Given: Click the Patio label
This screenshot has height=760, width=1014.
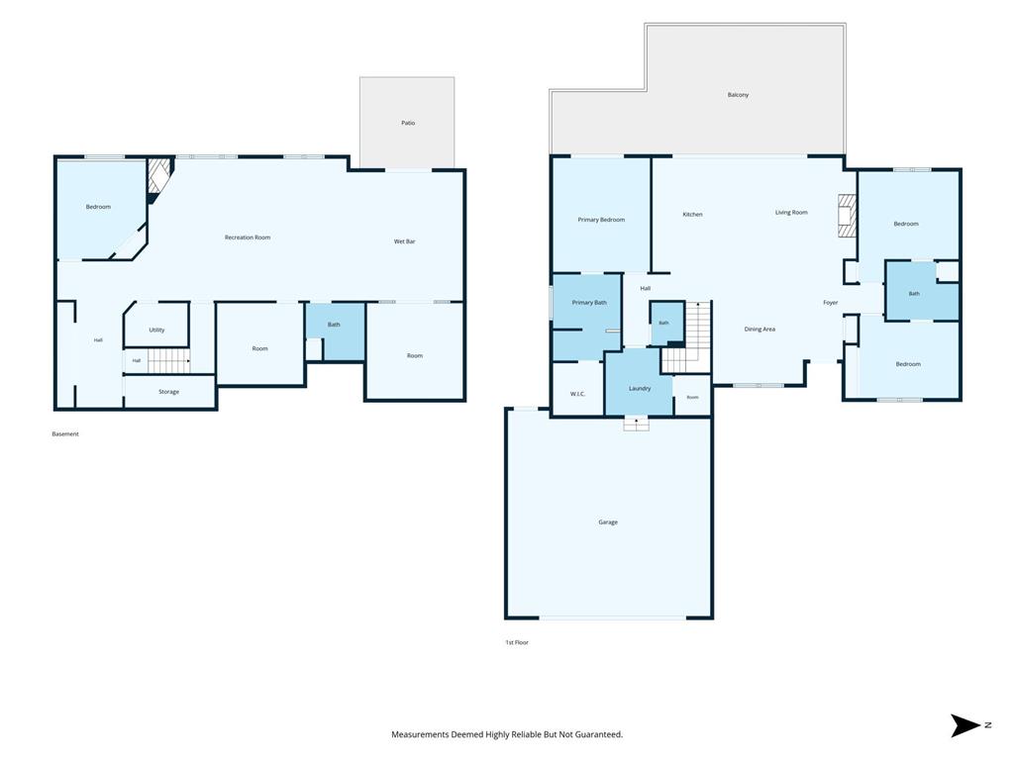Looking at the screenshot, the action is click(x=408, y=123).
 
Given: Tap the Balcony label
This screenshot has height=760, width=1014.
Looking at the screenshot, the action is click(x=738, y=95).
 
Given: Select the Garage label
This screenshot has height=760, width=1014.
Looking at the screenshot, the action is click(x=608, y=522).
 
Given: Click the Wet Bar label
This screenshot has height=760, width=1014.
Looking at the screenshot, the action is click(x=405, y=241).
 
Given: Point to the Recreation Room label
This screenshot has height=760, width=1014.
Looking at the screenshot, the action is click(x=248, y=237).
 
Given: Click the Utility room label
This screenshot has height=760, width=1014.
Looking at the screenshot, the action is click(x=157, y=331).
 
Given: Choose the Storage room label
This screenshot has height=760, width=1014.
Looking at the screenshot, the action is click(x=168, y=392).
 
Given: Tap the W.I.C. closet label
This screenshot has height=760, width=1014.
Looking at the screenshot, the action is click(x=577, y=394).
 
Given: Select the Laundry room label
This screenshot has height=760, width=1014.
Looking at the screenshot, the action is click(x=640, y=388).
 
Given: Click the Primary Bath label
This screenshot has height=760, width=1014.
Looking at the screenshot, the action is click(x=589, y=303).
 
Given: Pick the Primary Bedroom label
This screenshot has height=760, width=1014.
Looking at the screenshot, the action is click(x=601, y=220).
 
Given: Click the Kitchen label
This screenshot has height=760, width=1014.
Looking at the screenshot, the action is click(x=692, y=215).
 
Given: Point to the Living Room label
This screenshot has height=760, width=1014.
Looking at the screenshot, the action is click(x=791, y=213).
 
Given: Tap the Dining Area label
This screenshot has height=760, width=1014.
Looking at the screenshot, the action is click(x=760, y=330).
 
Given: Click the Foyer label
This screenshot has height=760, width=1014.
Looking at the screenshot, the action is click(x=831, y=303).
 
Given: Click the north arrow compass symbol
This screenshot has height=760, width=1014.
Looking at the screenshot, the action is click(x=966, y=725).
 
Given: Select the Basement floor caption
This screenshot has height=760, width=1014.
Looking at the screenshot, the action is click(x=65, y=434).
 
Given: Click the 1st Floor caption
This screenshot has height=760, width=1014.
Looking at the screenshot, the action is click(x=517, y=642).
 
